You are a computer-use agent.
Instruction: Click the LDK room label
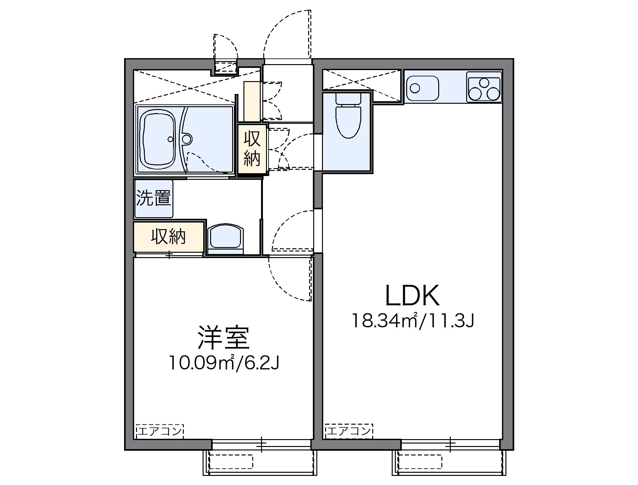[x=412, y=296]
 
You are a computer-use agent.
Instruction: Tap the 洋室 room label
[x=223, y=338]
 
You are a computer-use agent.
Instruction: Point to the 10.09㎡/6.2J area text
[x=224, y=363]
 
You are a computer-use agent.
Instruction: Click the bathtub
[x=159, y=139]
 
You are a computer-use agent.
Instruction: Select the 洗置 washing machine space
[x=153, y=199]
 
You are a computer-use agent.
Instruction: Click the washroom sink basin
[x=226, y=236]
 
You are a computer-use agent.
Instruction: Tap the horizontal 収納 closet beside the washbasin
[x=169, y=236]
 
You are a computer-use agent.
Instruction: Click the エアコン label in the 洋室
[x=160, y=431]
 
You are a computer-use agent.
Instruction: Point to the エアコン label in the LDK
[x=349, y=431]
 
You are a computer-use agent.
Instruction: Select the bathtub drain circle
[x=171, y=139]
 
